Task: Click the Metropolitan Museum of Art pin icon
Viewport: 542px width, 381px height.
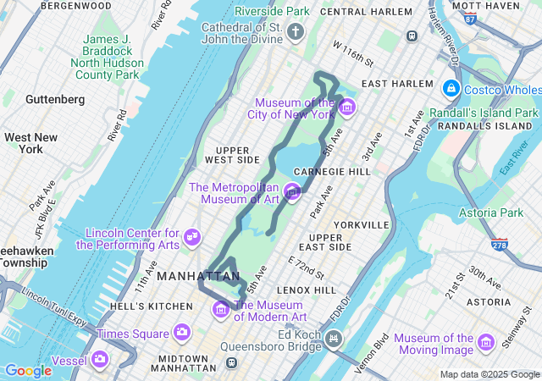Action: [x=293, y=192]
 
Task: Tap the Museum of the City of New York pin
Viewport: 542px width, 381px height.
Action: [x=346, y=108]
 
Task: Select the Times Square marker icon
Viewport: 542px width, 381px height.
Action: [x=181, y=333]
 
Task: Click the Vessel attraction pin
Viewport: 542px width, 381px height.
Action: [x=101, y=359]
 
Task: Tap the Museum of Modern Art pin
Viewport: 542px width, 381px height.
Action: [x=222, y=308]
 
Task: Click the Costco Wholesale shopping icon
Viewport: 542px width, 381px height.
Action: [x=451, y=88]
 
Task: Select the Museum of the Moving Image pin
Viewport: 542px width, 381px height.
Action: [x=486, y=341]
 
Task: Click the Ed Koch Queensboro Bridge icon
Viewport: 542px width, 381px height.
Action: [x=334, y=340]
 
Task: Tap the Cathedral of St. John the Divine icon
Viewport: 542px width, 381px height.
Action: [x=295, y=33]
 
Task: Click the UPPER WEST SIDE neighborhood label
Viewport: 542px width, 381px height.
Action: [x=231, y=154]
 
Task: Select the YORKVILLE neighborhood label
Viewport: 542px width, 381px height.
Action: [x=361, y=225]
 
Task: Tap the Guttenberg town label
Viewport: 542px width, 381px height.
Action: [x=55, y=99]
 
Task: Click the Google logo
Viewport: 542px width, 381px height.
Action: [x=28, y=371]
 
